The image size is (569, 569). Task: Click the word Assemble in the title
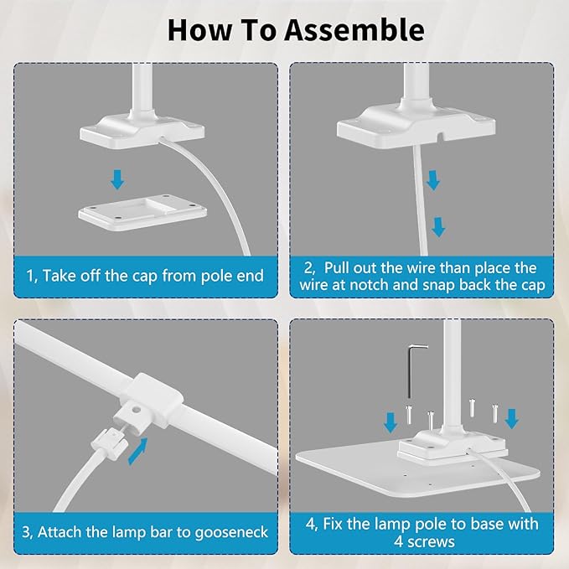click(354, 30)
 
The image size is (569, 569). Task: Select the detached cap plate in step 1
click(142, 212)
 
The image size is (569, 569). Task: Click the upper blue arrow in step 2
click(432, 180)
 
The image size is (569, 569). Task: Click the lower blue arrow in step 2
click(438, 227)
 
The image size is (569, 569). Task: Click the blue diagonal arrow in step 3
click(138, 451)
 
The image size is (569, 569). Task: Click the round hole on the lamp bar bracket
click(137, 411)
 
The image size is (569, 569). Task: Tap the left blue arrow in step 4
click(391, 422)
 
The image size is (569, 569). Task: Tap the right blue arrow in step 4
click(512, 419)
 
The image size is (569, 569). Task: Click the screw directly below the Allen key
click(409, 415)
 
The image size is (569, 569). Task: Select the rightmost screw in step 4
click(494, 413)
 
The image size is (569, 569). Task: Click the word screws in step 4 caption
click(431, 542)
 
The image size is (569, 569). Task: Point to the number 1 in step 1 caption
click(30, 276)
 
